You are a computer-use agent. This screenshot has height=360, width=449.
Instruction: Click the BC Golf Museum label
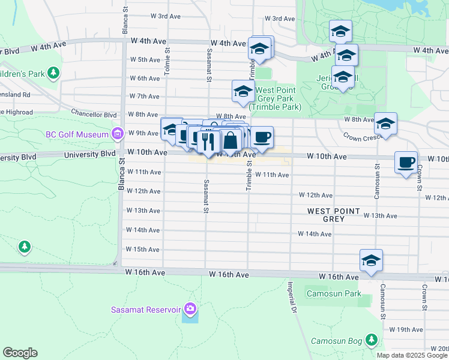77,133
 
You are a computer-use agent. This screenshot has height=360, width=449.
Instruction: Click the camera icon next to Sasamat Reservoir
190,310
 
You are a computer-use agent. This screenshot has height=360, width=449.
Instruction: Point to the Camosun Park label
334,293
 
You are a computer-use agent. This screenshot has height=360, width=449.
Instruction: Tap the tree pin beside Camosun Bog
372,340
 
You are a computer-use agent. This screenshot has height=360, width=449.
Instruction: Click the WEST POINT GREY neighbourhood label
334,215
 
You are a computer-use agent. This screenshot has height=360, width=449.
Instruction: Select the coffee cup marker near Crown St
406,162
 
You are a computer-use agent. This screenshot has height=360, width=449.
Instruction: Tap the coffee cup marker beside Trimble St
262,137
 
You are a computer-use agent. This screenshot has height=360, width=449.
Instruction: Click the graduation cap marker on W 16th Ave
371,260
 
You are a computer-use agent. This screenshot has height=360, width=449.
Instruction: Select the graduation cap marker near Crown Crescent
385,124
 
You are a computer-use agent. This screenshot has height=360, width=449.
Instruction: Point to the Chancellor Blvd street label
93,114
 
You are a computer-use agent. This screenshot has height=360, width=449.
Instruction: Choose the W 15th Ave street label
143,249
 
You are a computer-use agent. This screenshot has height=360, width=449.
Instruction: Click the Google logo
20,353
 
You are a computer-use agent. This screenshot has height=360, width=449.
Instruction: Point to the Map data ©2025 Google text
411,355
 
